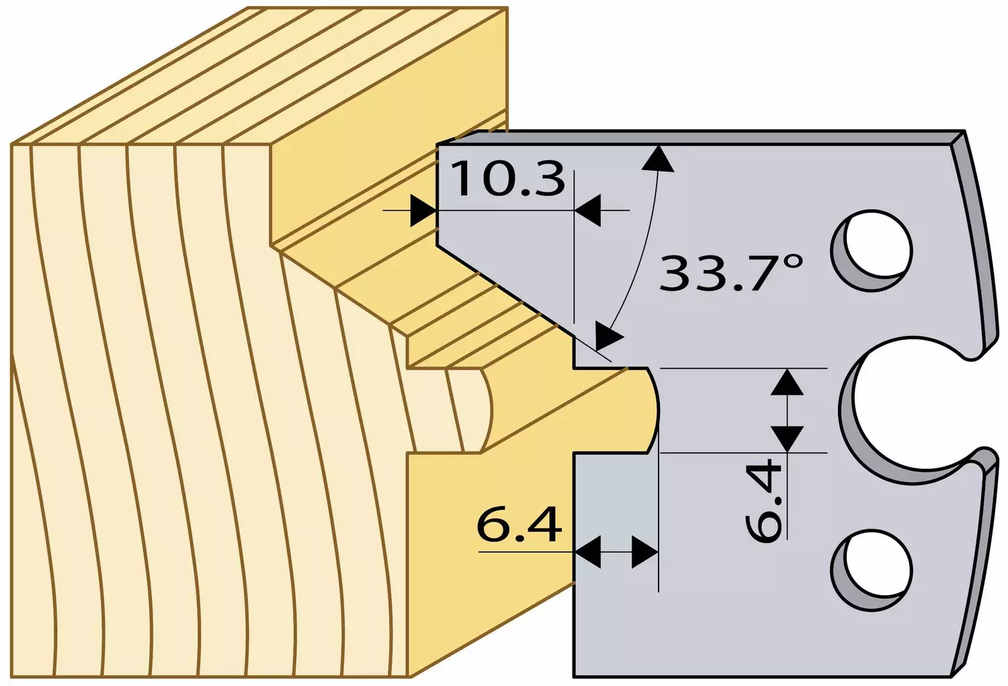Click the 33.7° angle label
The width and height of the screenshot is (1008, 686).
(x=731, y=273)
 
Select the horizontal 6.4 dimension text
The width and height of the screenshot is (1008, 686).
(x=519, y=525)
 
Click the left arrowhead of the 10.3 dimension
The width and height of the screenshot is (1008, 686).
(x=423, y=210)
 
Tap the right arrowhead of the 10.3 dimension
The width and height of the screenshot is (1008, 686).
(x=588, y=210)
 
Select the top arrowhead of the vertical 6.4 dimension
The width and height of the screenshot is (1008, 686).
(x=787, y=382)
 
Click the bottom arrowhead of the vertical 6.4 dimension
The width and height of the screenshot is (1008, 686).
(x=787, y=439)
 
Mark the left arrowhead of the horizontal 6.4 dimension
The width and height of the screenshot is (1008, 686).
(x=588, y=552)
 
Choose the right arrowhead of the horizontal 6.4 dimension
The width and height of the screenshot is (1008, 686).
(x=645, y=552)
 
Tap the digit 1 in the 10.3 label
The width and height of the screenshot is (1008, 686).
(x=464, y=179)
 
